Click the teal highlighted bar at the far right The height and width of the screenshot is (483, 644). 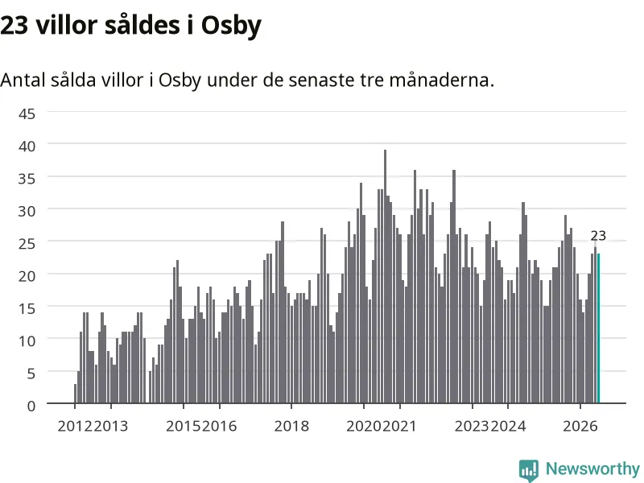(598, 328)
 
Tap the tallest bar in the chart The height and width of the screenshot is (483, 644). (386, 276)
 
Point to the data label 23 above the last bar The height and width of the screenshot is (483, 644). (598, 236)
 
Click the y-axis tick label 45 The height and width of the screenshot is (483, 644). (27, 114)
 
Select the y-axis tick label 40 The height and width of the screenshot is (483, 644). (27, 147)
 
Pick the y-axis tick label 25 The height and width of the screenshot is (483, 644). (27, 244)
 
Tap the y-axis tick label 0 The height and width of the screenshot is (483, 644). (31, 407)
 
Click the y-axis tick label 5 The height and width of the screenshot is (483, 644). (31, 374)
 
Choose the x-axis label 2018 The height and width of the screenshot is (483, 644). (291, 426)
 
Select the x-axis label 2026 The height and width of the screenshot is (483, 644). (580, 426)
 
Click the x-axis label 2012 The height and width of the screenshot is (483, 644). (75, 426)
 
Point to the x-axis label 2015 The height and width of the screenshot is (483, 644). (184, 426)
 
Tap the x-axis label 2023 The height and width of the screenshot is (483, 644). (472, 426)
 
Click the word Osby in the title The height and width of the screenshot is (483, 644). (231, 26)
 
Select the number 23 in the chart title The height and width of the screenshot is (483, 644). (14, 26)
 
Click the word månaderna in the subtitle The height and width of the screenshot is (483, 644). (441, 80)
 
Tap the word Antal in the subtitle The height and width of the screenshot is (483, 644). (23, 80)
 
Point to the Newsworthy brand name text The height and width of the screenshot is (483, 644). (592, 469)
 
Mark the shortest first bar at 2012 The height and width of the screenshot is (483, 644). (75, 394)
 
